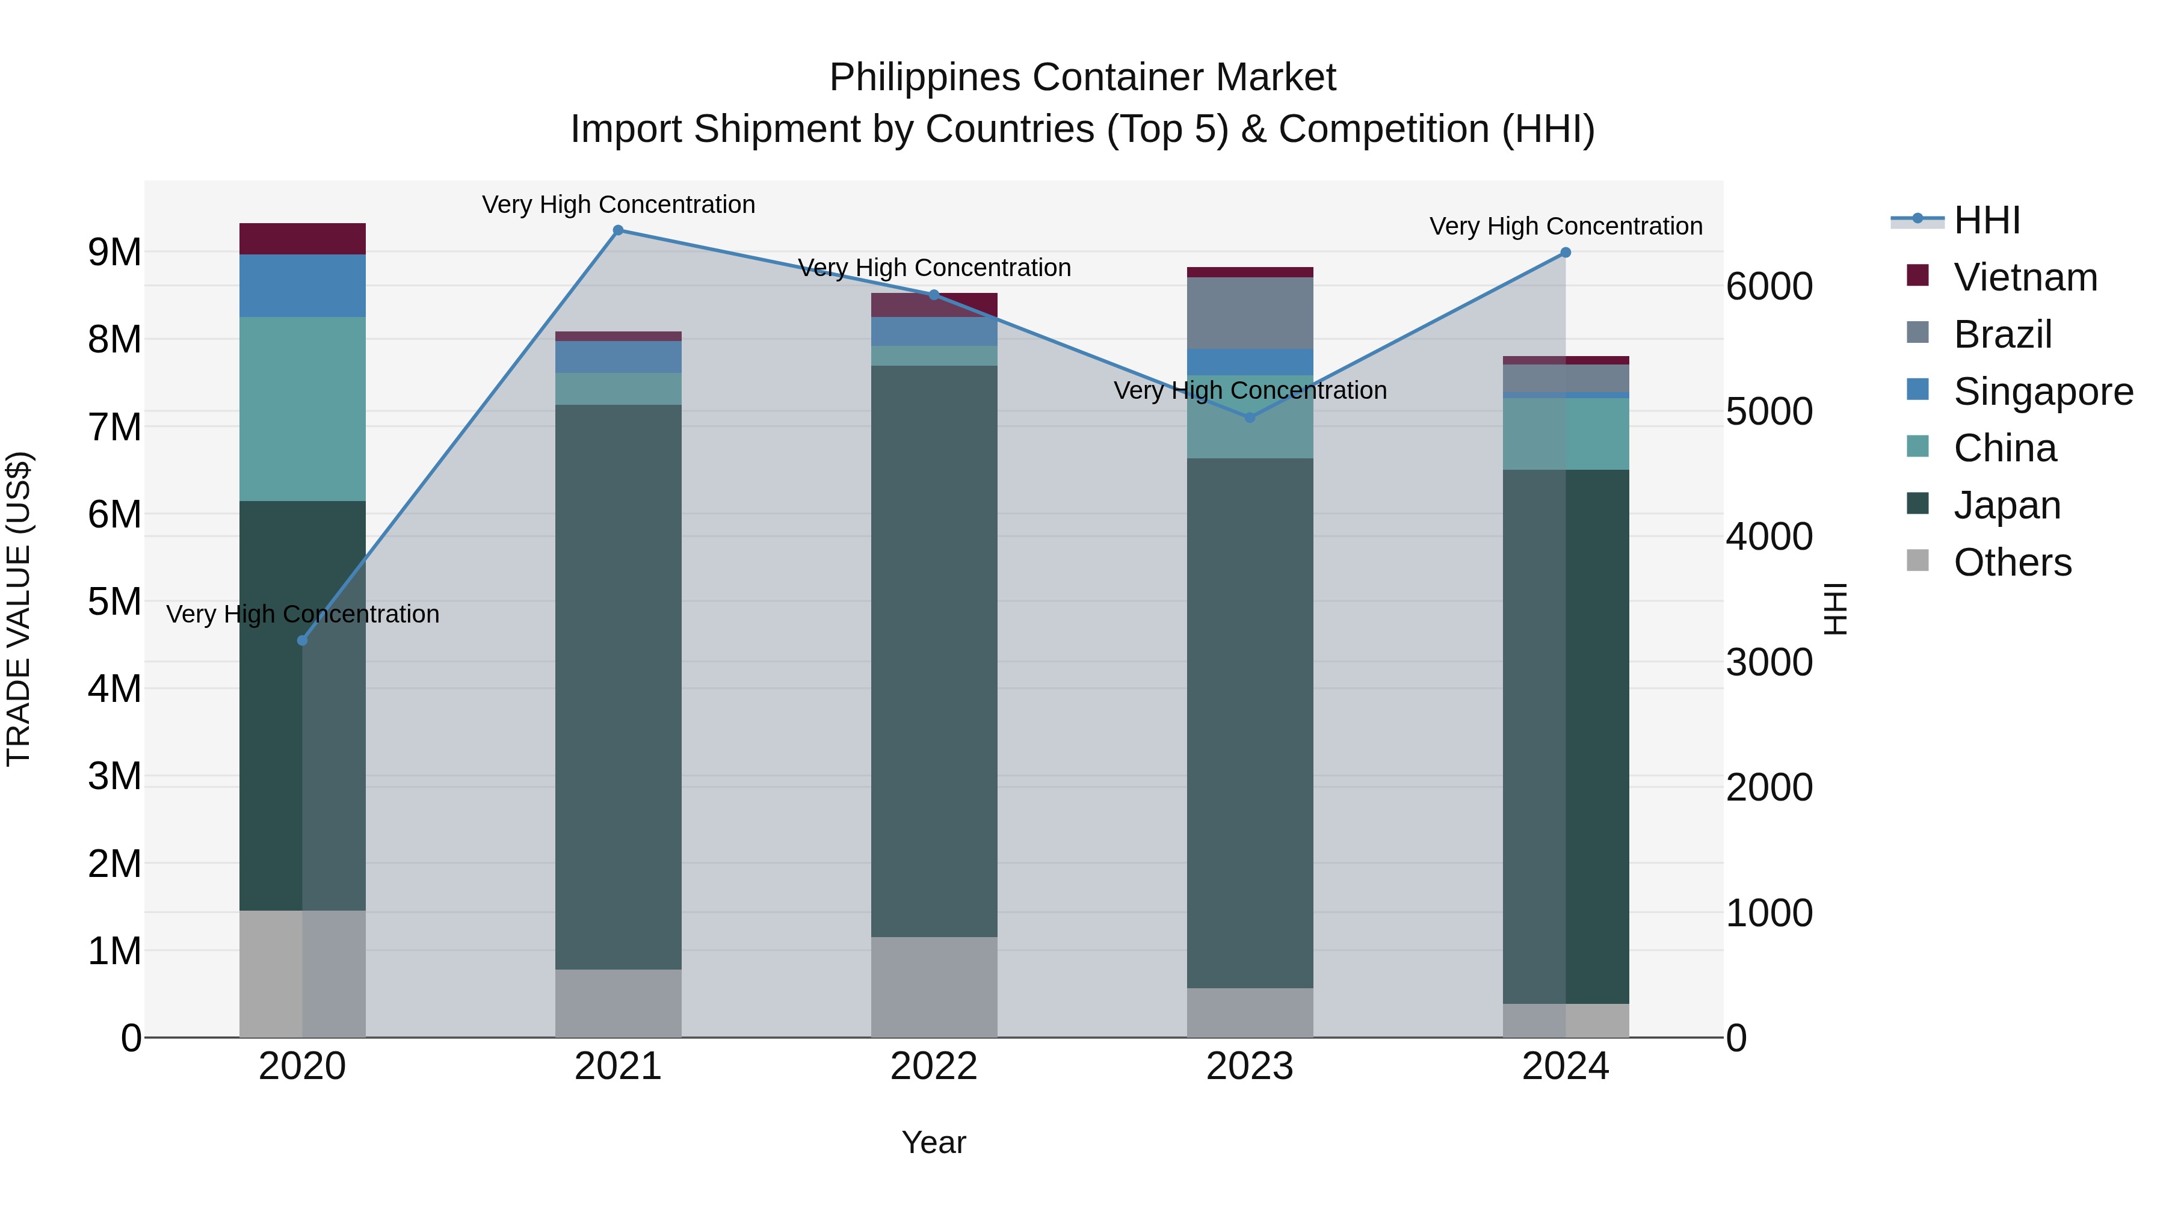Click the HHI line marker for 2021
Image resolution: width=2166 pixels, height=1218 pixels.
point(618,230)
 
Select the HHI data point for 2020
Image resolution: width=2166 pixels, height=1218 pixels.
point(303,641)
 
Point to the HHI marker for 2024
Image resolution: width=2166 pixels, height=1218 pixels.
point(1566,252)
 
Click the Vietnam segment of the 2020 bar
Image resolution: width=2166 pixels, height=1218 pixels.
point(303,239)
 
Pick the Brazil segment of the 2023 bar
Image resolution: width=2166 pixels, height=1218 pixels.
point(1250,313)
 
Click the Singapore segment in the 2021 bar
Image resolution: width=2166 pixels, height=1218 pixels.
point(618,357)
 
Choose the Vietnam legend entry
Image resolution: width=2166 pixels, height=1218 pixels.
point(2025,277)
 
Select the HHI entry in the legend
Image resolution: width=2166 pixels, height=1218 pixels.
point(1986,220)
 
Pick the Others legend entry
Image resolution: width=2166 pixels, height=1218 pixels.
point(2012,562)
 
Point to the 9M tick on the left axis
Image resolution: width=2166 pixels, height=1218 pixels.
point(114,252)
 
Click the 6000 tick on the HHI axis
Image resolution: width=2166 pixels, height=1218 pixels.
point(1769,287)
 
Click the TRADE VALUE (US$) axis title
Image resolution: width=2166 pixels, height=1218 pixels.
point(19,609)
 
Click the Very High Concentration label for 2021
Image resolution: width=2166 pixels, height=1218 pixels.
point(618,205)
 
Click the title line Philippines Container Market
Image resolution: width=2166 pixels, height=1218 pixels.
point(1082,78)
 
